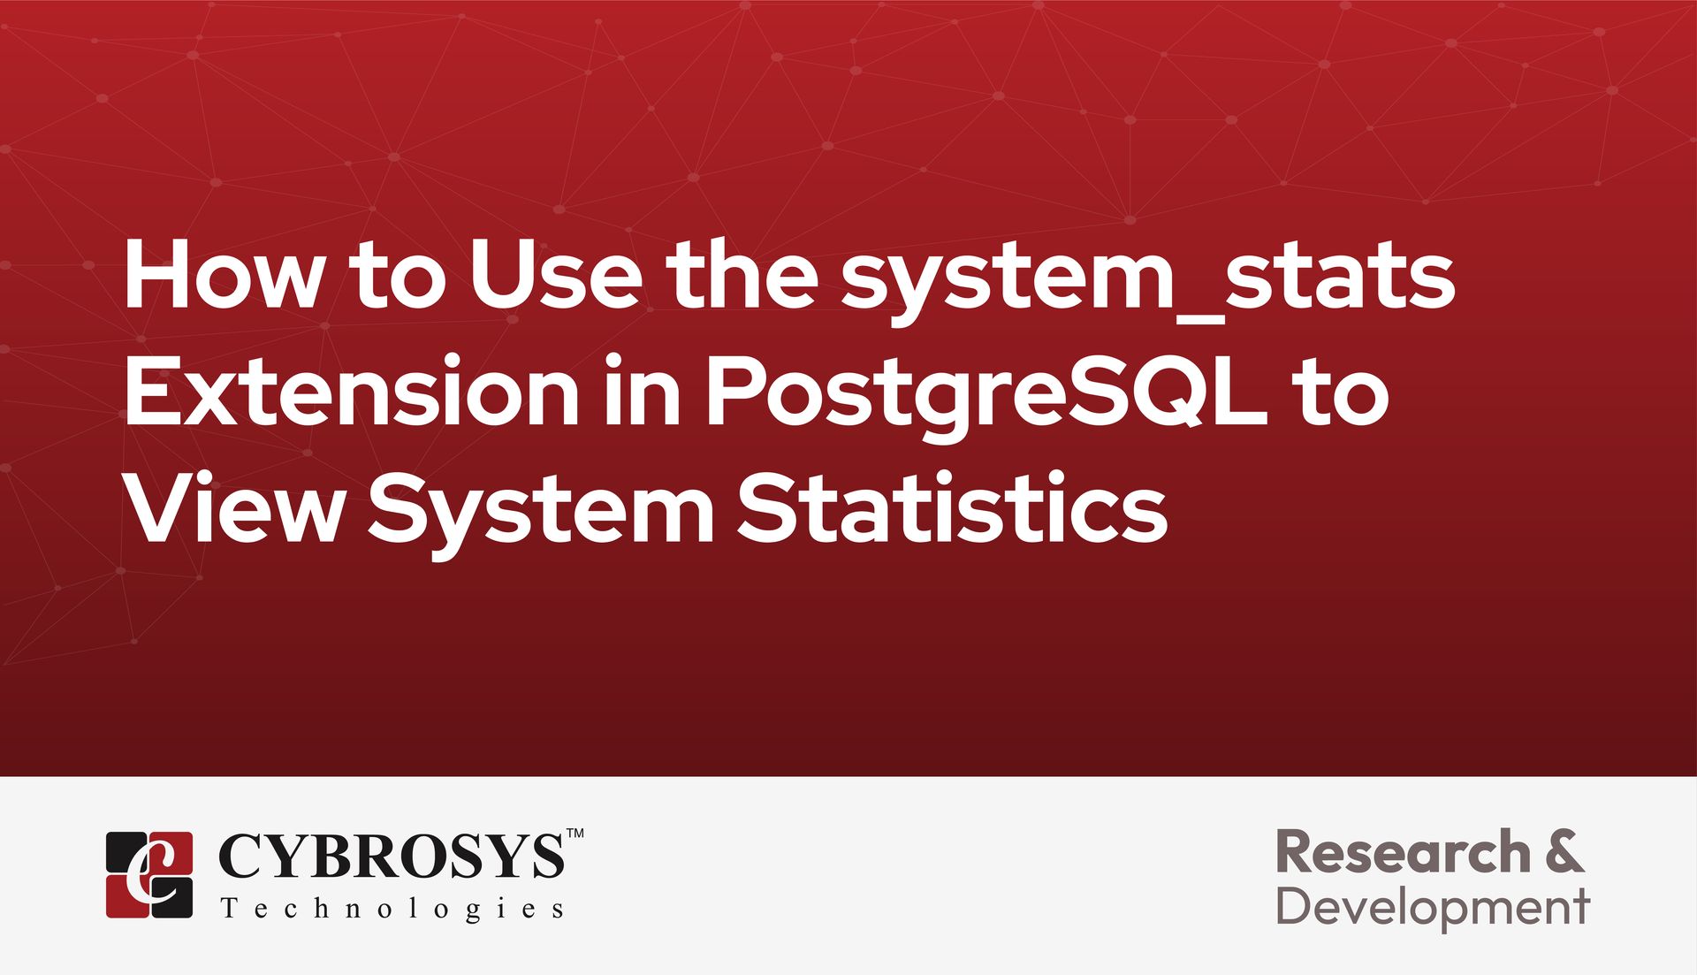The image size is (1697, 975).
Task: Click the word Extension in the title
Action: tap(352, 391)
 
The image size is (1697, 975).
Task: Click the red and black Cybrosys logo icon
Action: tap(149, 874)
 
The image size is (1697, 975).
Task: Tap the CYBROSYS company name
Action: tap(391, 856)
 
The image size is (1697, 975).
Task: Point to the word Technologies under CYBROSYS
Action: tap(392, 910)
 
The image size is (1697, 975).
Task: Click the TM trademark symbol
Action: tap(575, 833)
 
